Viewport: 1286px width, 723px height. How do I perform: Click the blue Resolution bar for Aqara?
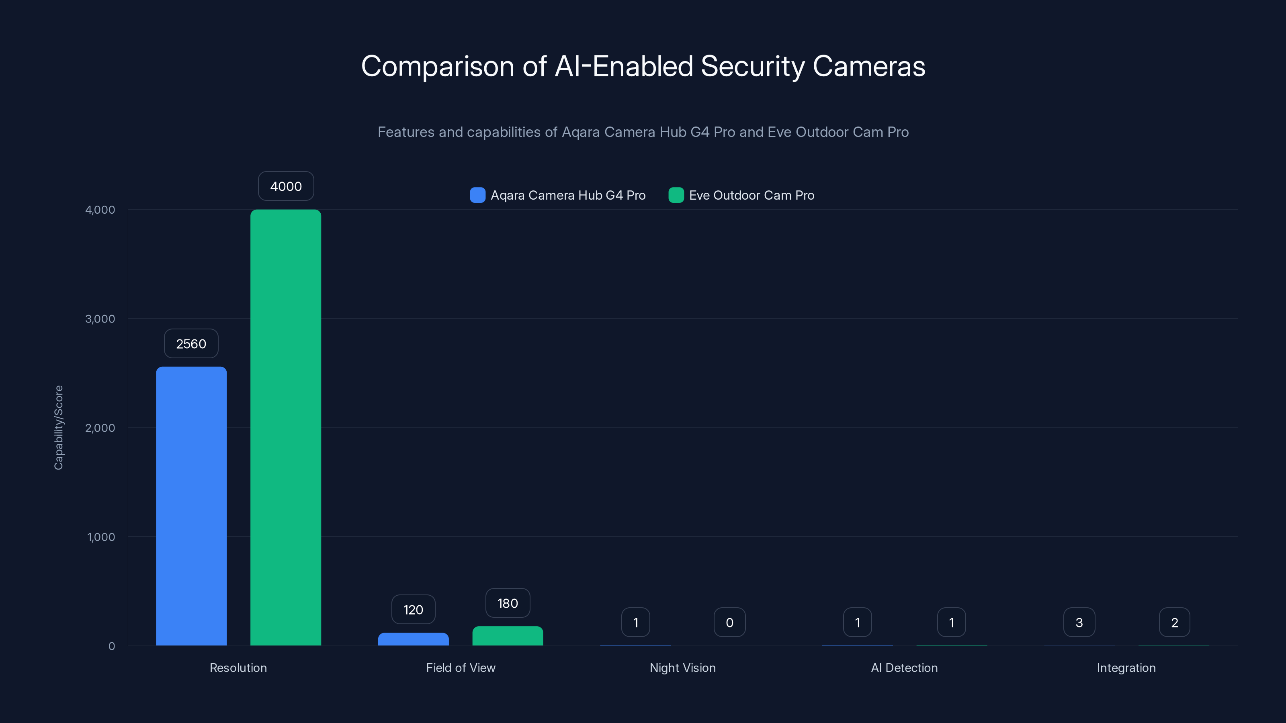coord(191,506)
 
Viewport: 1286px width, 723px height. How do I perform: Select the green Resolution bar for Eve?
coord(286,428)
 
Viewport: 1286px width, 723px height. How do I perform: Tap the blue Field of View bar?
coord(414,639)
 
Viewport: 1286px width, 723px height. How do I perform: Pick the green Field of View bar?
coord(508,636)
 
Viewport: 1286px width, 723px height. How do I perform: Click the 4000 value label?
coord(286,186)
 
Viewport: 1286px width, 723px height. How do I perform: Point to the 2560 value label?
coord(191,344)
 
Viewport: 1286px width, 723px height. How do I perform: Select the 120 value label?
coord(414,610)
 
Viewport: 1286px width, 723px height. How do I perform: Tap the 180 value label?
coord(508,603)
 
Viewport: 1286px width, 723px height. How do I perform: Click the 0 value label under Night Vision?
coord(729,623)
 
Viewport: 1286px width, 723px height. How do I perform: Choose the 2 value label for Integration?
coord(1174,623)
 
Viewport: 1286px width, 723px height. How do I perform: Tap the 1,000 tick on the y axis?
coord(101,537)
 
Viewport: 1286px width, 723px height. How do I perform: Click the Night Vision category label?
coord(682,668)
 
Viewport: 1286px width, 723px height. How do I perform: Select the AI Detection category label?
coord(904,668)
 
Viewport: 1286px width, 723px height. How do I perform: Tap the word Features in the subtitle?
coord(406,132)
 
